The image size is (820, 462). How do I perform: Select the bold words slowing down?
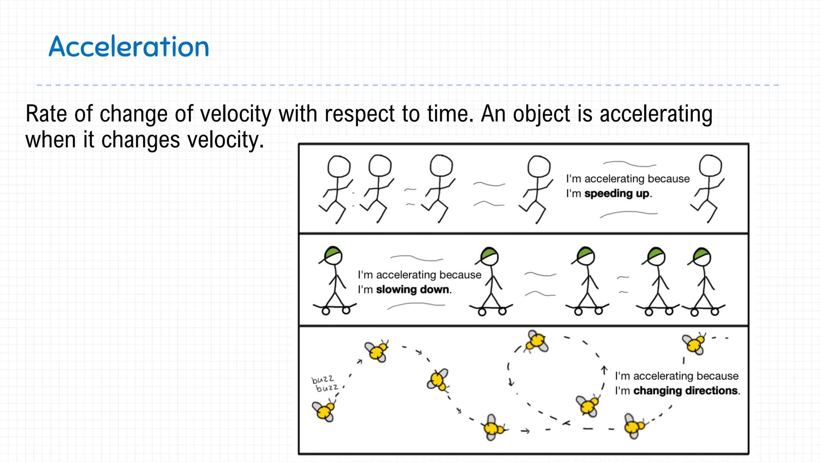pyautogui.click(x=413, y=290)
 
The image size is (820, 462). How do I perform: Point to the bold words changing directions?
pyautogui.click(x=685, y=391)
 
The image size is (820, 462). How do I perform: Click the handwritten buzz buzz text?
pyautogui.click(x=324, y=384)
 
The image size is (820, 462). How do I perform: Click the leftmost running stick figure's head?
pyautogui.click(x=339, y=166)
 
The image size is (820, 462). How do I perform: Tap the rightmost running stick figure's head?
pyautogui.click(x=710, y=166)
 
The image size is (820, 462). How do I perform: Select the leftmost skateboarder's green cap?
pyautogui.click(x=332, y=252)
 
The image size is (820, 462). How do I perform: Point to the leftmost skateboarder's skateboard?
pyautogui.click(x=334, y=307)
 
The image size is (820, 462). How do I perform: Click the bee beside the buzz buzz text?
pyautogui.click(x=324, y=411)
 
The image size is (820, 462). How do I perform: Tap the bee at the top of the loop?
pyautogui.click(x=536, y=341)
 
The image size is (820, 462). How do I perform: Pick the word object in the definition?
pyautogui.click(x=541, y=114)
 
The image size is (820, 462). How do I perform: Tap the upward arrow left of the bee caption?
pyautogui.click(x=604, y=370)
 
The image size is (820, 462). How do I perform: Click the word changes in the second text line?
pyautogui.click(x=141, y=140)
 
